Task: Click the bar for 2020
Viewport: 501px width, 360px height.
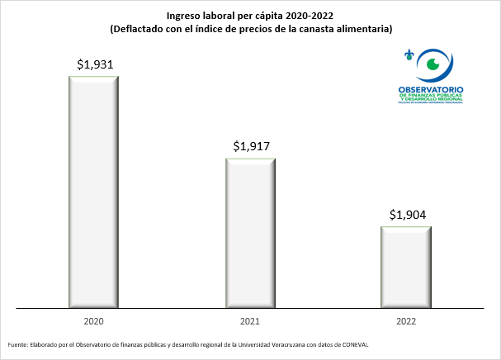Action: click(x=94, y=192)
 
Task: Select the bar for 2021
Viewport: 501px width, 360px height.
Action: click(x=251, y=234)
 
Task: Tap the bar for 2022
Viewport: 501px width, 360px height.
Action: click(x=405, y=268)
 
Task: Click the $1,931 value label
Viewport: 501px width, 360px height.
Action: click(x=94, y=64)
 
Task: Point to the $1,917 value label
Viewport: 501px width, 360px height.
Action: click(x=251, y=146)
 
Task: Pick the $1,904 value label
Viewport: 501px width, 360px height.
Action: click(x=407, y=215)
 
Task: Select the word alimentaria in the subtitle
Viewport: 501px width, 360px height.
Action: click(x=362, y=29)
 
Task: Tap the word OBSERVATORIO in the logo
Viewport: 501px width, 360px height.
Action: click(x=431, y=88)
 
